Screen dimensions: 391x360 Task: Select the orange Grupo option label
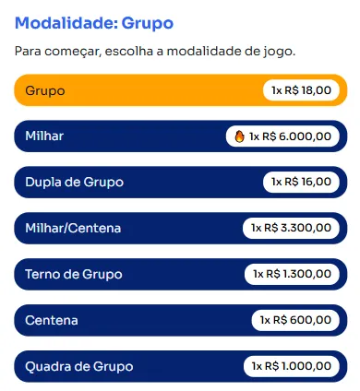click(x=45, y=90)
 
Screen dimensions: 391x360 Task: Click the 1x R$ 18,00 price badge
click(x=301, y=90)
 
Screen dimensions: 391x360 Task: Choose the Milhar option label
click(x=45, y=136)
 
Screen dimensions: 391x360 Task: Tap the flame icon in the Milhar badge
click(x=240, y=136)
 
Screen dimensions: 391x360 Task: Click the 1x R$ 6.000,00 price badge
click(x=282, y=136)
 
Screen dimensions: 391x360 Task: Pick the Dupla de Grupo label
click(x=75, y=182)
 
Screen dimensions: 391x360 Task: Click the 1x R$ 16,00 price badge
click(x=301, y=182)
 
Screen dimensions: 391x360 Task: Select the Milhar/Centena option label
click(x=73, y=228)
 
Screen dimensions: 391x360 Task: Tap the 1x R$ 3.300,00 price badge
click(x=291, y=228)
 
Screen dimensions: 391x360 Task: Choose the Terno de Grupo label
click(x=74, y=274)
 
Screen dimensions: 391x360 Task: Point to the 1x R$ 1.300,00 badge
click(x=292, y=274)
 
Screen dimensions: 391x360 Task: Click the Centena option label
click(x=52, y=320)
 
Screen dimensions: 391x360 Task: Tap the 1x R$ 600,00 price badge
click(x=295, y=320)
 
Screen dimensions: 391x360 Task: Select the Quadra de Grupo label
click(x=79, y=366)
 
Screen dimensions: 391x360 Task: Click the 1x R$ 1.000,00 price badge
click(x=292, y=366)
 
